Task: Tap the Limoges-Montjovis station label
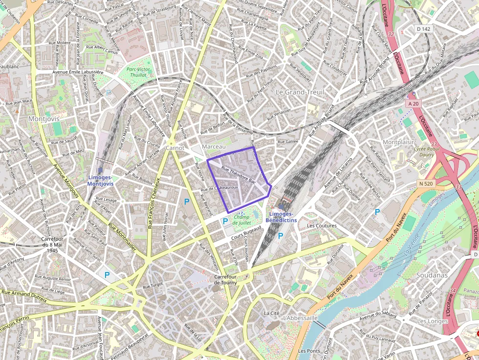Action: click(100, 180)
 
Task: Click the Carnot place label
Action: click(175, 148)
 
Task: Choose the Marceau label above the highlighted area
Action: click(214, 147)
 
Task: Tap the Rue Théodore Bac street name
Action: click(239, 174)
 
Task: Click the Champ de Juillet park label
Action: click(242, 220)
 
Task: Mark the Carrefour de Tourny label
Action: click(225, 280)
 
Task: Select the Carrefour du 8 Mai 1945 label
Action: click(50, 245)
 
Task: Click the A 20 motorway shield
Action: click(413, 104)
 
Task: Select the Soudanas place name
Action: click(432, 275)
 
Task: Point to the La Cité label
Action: click(271, 313)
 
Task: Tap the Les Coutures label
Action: click(321, 226)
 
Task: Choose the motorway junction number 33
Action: click(458, 187)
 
